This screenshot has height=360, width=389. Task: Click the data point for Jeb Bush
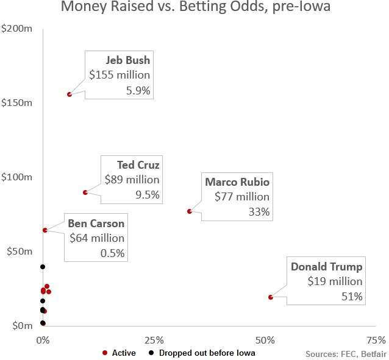click(x=70, y=94)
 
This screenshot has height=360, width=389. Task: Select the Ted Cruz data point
click(x=85, y=192)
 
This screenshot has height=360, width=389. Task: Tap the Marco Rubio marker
click(x=190, y=211)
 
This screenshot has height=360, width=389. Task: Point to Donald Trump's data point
click(x=270, y=297)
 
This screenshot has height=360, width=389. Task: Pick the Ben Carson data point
click(x=45, y=230)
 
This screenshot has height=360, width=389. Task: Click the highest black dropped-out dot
click(x=43, y=267)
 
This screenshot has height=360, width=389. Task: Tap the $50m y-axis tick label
click(x=19, y=251)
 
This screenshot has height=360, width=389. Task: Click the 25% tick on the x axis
click(x=154, y=339)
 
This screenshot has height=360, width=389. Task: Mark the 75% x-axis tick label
click(x=376, y=339)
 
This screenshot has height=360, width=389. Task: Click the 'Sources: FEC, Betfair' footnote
click(x=345, y=353)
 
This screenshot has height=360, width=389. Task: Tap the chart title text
click(x=194, y=9)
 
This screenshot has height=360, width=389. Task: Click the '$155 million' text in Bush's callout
click(x=120, y=76)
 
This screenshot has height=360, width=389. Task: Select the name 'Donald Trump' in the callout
click(x=326, y=267)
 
